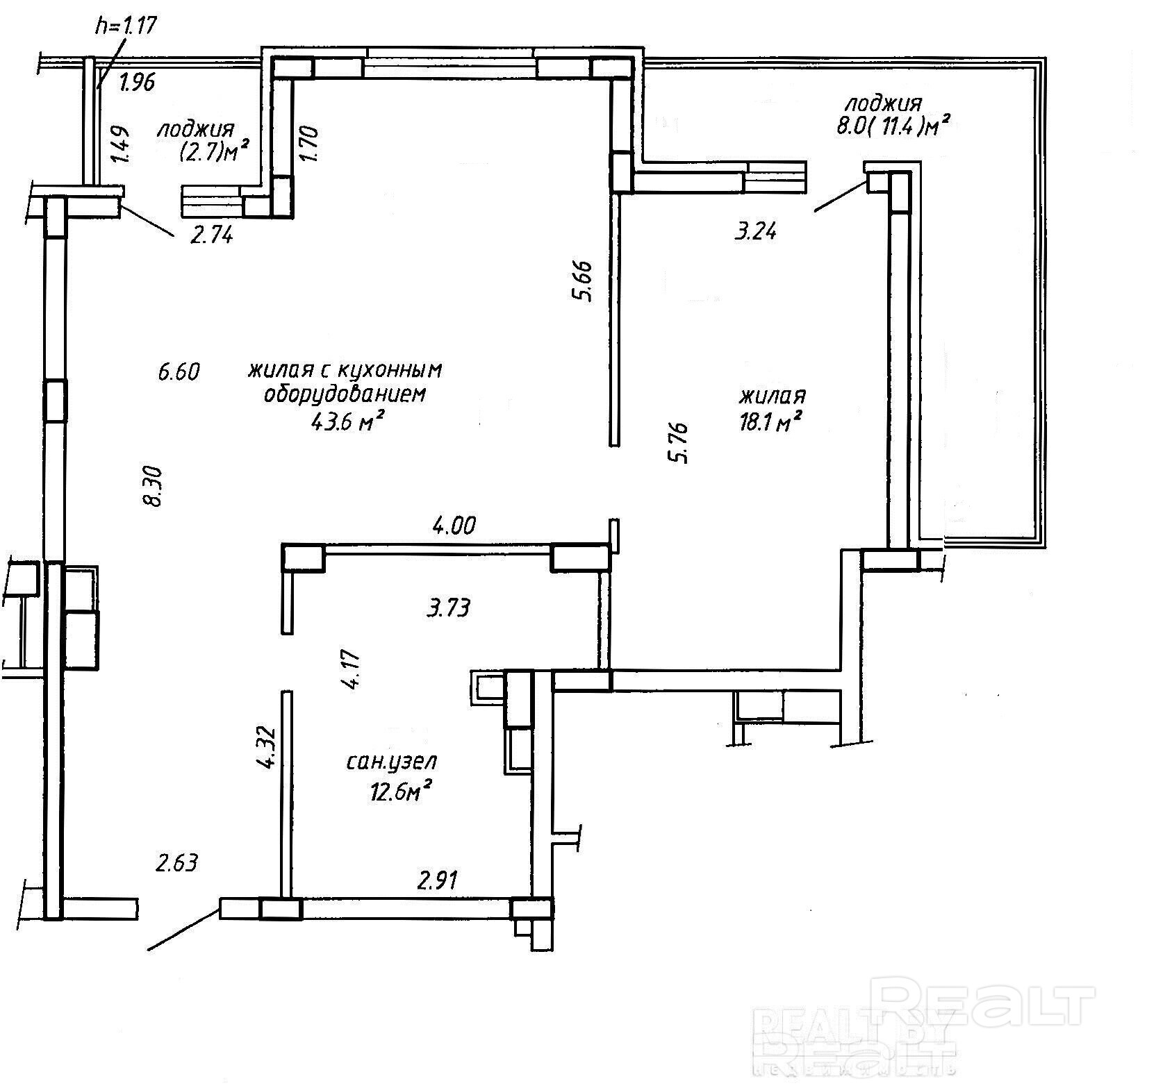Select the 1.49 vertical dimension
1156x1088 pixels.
121,143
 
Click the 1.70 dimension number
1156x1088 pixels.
308,142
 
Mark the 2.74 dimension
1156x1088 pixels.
212,235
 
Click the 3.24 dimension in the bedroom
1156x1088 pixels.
755,230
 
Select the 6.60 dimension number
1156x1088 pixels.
179,371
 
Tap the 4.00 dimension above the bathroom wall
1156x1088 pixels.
454,526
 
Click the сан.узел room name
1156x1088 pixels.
392,763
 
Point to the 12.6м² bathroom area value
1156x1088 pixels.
402,791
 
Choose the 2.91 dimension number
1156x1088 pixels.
437,881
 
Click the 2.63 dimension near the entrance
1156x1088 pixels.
177,863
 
